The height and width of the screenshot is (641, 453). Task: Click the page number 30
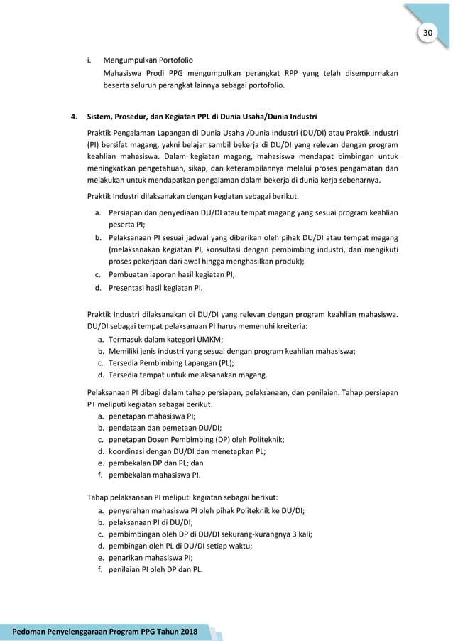(427, 33)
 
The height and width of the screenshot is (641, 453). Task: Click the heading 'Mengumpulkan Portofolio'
(148, 60)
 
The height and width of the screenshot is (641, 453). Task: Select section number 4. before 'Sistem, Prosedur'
(73, 115)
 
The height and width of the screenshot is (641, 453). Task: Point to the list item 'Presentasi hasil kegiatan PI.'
(155, 288)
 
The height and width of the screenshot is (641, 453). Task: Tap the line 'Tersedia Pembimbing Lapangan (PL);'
(167, 363)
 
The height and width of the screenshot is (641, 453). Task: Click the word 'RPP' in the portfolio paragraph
(277, 72)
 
